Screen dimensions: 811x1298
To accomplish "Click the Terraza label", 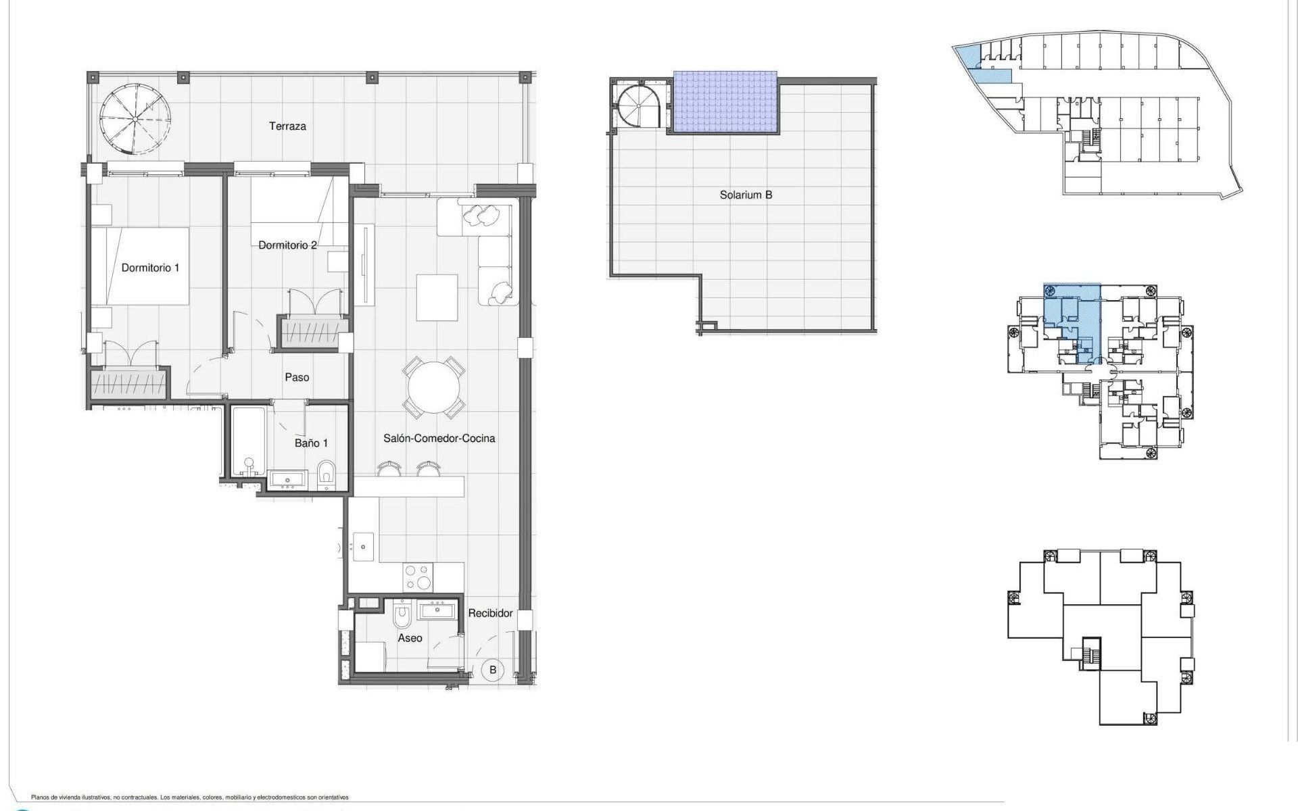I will point(287,126).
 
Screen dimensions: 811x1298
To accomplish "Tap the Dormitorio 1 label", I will point(150,268).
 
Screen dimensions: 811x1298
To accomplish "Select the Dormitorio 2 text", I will point(287,245).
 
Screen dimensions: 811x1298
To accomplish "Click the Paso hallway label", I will point(297,377).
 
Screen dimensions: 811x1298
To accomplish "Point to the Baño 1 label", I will point(311,443).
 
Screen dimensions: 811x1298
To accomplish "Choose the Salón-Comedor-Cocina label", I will point(439,438).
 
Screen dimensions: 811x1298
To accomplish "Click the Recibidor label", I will point(490,613).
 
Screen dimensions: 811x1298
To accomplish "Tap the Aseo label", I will point(410,638).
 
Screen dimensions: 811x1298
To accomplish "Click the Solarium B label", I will point(746,195).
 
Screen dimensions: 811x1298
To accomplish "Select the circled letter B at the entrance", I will point(493,670).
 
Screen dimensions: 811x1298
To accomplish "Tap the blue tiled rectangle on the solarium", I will point(725,102).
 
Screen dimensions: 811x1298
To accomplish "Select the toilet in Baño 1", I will point(326,474).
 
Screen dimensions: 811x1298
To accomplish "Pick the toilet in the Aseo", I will point(403,616).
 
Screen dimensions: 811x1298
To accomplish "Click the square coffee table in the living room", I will point(437,297).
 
